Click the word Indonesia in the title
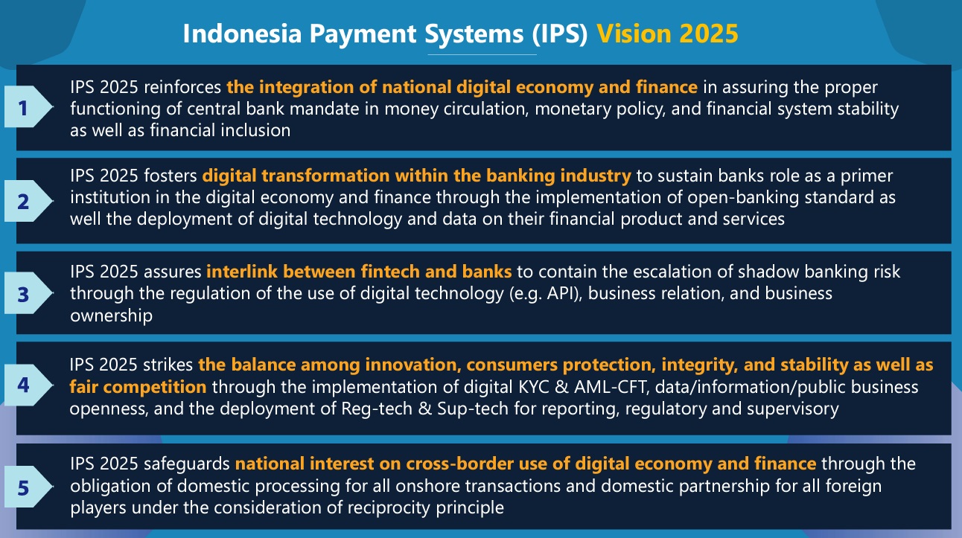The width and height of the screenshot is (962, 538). point(242,33)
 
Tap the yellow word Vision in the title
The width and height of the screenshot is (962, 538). point(634,33)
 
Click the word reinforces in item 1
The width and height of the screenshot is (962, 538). point(182,87)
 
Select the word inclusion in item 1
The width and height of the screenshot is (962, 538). point(255,130)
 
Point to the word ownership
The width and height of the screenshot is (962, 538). point(111,316)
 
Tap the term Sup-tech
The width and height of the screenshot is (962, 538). point(473,409)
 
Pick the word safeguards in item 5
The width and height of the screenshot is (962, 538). point(187,464)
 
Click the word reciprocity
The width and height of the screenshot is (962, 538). point(389,508)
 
